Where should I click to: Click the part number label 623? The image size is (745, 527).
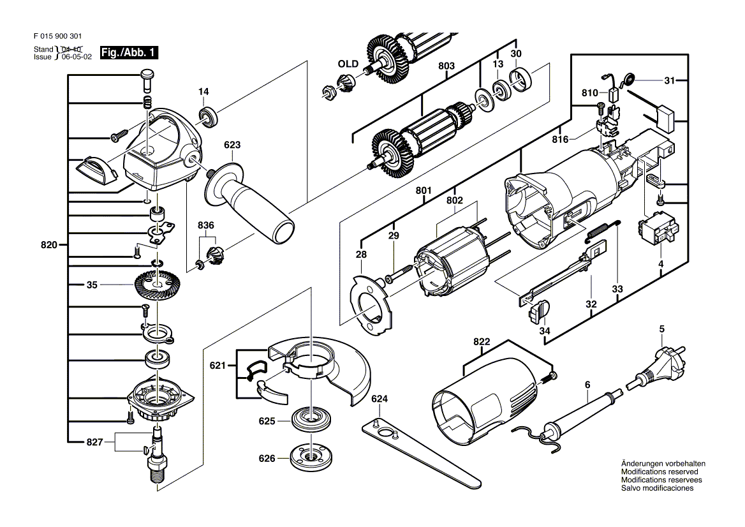pyautogui.click(x=232, y=145)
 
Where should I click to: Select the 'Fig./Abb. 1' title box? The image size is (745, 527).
pyautogui.click(x=129, y=53)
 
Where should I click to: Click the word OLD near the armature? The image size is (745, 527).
pyautogui.click(x=348, y=64)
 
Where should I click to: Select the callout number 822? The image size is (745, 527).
pyautogui.click(x=482, y=343)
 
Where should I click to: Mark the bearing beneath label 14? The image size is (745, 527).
pyautogui.click(x=209, y=116)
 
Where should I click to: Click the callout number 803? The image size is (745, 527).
pyautogui.click(x=446, y=66)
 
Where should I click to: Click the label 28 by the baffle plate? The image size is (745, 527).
pyautogui.click(x=362, y=255)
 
